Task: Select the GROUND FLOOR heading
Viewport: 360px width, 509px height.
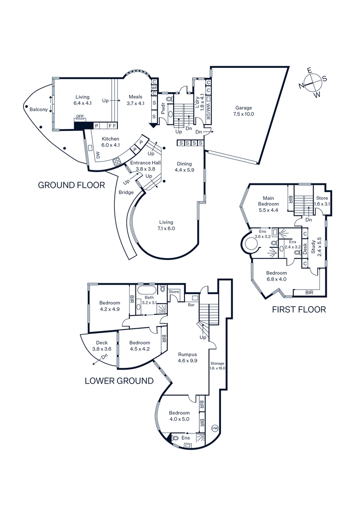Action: coord(71,185)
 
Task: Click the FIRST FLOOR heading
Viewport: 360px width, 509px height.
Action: coord(299,309)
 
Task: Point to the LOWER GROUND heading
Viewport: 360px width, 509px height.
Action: coord(119,381)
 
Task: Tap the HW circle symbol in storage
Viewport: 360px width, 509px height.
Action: coord(215,429)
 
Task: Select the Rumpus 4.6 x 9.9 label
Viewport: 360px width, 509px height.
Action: coord(188,357)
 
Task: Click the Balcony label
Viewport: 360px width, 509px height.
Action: coord(39,109)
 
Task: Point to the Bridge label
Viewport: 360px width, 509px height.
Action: coord(126,192)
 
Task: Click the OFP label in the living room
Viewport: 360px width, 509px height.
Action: coord(80,116)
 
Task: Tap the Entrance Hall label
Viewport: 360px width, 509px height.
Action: coord(143,165)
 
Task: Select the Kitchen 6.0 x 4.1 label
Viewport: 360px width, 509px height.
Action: coord(110,142)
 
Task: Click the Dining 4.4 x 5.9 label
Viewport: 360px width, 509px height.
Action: coord(184,167)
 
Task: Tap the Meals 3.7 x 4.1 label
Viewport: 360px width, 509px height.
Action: coord(135,100)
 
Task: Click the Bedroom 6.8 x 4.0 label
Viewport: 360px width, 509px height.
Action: coord(276,276)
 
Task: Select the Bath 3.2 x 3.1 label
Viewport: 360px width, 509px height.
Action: coord(149,300)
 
